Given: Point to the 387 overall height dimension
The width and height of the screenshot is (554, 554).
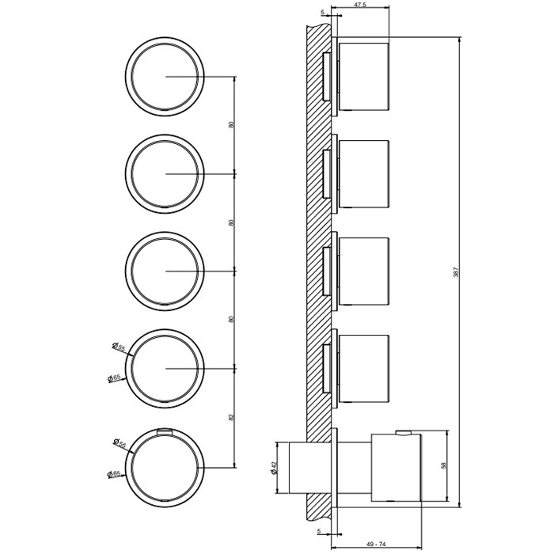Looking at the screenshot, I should click(x=456, y=271).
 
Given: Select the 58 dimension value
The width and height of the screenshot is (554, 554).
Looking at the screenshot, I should click(x=444, y=466).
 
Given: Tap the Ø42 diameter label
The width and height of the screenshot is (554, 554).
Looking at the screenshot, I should click(x=275, y=468).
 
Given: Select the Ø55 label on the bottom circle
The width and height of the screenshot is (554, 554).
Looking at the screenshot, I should click(x=120, y=443).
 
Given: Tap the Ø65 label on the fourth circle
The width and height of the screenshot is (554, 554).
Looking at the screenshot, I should click(x=115, y=378).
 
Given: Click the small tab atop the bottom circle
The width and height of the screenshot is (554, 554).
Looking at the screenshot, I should click(x=165, y=431).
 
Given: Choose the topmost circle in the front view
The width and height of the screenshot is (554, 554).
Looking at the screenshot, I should click(x=165, y=77).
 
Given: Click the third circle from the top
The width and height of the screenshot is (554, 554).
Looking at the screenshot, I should click(x=165, y=271).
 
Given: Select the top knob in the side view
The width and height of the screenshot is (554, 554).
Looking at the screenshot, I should click(x=363, y=76).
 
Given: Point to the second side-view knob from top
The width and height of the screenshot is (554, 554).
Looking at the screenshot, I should click(x=363, y=174).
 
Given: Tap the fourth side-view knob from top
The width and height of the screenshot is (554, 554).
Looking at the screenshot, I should click(x=363, y=369).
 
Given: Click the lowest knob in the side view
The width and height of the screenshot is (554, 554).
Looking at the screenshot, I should click(x=396, y=467).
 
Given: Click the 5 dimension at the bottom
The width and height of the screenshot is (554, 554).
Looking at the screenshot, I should click(x=319, y=532).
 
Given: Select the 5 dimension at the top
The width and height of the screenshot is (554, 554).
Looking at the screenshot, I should click(x=323, y=13).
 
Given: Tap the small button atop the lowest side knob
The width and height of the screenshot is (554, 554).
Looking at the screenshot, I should click(x=403, y=431).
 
